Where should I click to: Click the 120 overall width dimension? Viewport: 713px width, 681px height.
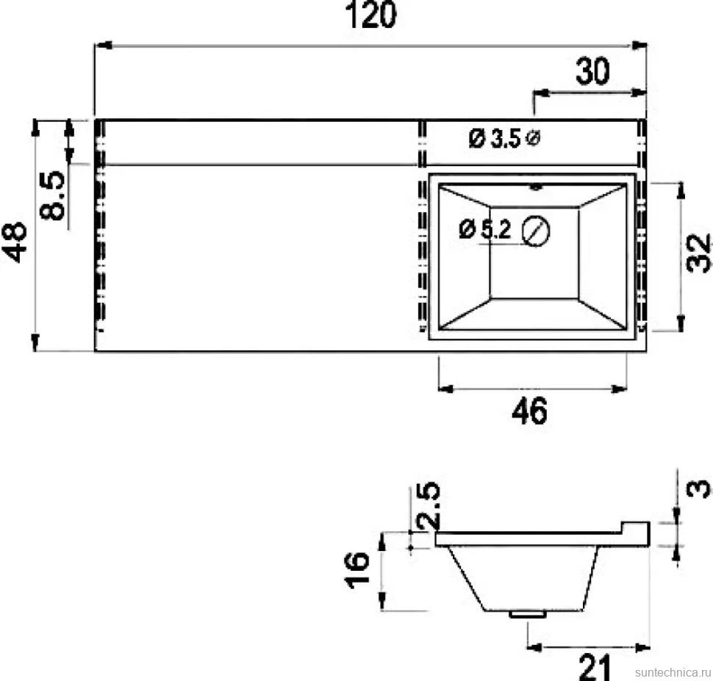click(x=370, y=15)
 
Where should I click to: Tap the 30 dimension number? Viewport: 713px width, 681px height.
click(x=592, y=71)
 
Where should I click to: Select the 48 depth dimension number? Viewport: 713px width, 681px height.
click(x=15, y=242)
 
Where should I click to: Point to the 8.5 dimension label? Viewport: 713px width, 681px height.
click(x=52, y=195)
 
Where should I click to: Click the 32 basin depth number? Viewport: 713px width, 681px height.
click(x=698, y=253)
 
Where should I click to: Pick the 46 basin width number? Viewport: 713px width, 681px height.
click(x=529, y=411)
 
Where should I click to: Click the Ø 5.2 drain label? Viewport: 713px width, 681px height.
click(x=485, y=228)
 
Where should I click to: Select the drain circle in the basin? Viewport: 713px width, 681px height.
click(x=536, y=231)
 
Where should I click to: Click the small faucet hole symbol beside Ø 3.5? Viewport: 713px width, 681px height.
click(x=533, y=137)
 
